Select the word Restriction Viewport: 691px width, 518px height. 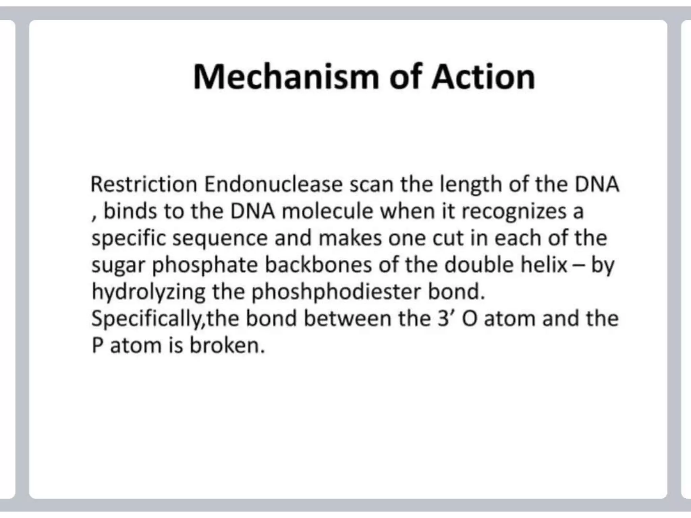click(144, 184)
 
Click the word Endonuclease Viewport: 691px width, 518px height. click(273, 184)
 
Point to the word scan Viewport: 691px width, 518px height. click(371, 184)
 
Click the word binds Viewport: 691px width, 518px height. click(130, 211)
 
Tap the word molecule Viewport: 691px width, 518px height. click(327, 211)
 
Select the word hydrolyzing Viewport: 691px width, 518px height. click(148, 292)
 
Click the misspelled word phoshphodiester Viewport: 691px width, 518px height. click(336, 292)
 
